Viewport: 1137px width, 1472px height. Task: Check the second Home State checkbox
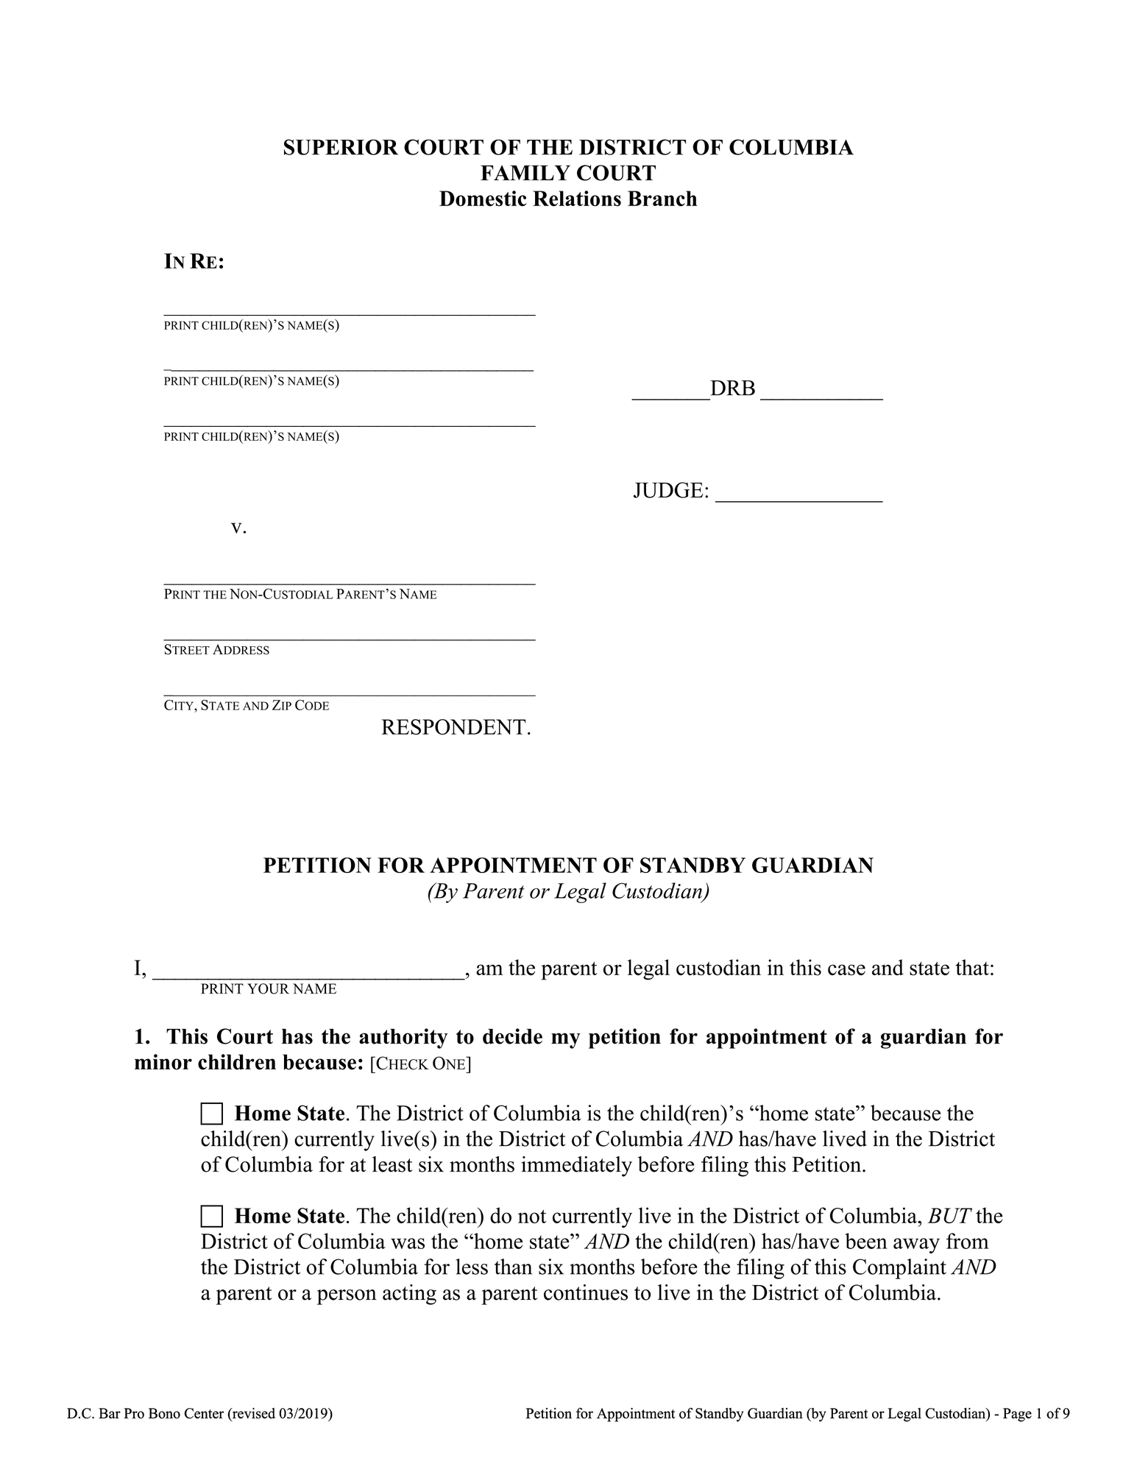[x=211, y=1216]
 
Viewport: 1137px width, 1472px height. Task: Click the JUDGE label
[x=670, y=491]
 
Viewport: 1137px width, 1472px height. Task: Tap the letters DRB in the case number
[x=732, y=389]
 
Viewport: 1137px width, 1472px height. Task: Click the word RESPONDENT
[x=456, y=728]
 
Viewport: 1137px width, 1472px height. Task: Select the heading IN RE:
[x=194, y=262]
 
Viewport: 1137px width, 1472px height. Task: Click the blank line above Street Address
[x=349, y=638]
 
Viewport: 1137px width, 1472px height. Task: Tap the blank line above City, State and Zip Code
[x=349, y=693]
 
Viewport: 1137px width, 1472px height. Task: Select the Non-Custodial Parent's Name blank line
[x=349, y=582]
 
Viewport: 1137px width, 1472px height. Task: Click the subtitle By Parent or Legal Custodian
[x=568, y=892]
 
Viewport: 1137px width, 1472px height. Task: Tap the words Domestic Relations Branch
[x=568, y=199]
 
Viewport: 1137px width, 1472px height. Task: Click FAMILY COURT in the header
[x=568, y=174]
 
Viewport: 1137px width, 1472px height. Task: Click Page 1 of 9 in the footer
[x=1039, y=1413]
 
